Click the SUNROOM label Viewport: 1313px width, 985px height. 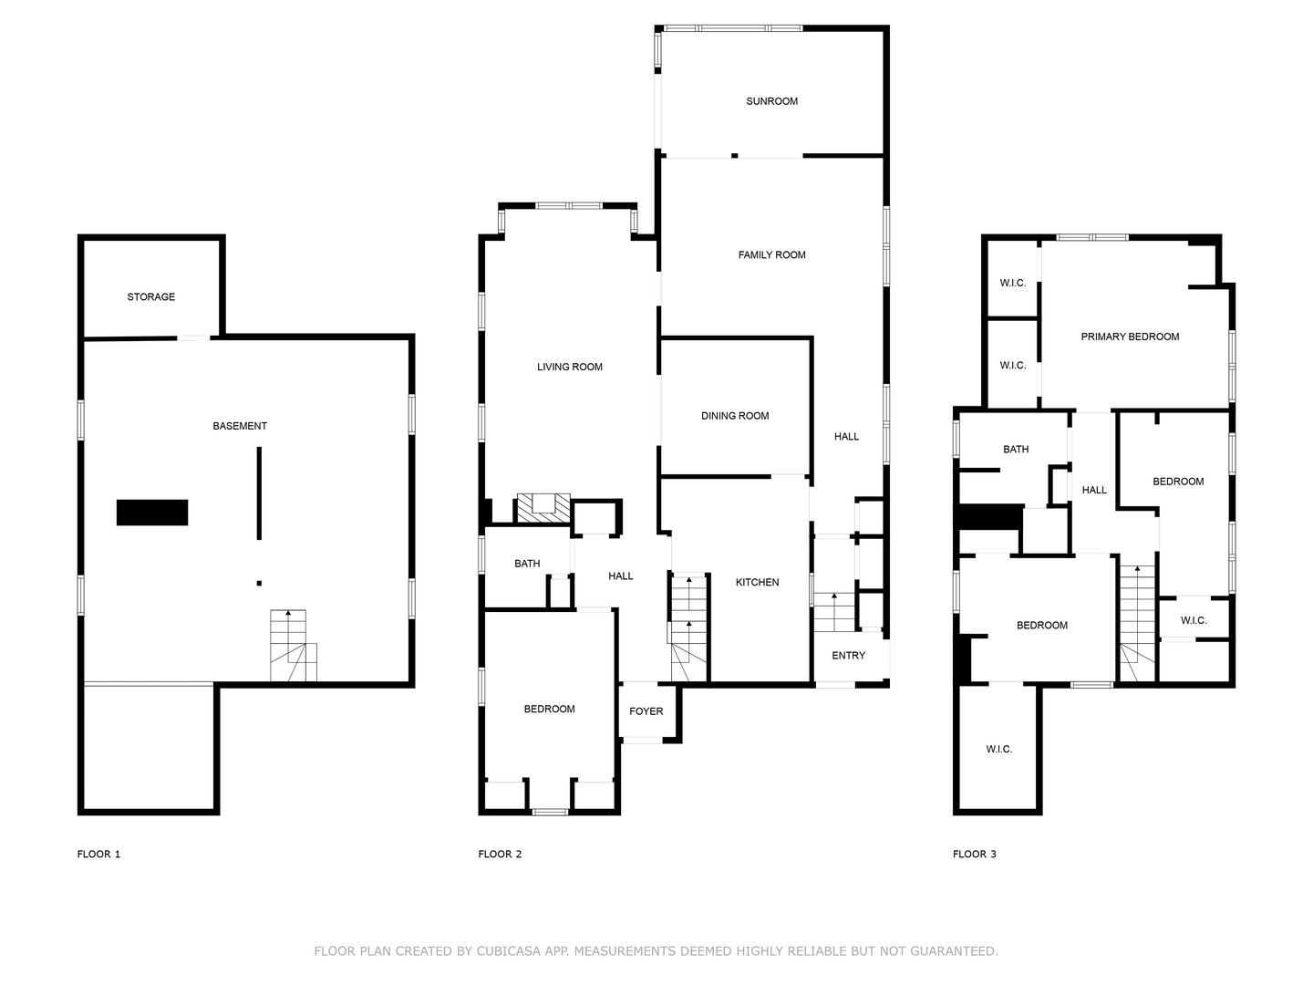(x=771, y=101)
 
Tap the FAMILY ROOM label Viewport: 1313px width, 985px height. (x=771, y=255)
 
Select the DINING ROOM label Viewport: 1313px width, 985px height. (x=735, y=416)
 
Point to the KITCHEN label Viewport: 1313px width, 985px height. (x=758, y=583)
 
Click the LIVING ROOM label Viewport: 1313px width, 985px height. (x=570, y=368)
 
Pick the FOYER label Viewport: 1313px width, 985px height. (x=646, y=711)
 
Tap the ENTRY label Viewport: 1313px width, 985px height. (x=848, y=656)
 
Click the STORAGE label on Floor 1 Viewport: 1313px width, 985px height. (x=150, y=297)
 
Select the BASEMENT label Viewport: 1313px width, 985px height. (x=240, y=427)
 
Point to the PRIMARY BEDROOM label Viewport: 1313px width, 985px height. (x=1130, y=337)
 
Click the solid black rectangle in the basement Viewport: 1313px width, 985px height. (x=152, y=513)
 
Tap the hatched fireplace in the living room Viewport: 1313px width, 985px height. (x=543, y=508)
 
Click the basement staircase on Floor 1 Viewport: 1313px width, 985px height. (x=293, y=646)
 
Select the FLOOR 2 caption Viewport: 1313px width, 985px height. (x=500, y=854)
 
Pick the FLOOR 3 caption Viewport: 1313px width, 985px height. (x=975, y=854)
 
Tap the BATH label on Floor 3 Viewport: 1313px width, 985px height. (x=1016, y=450)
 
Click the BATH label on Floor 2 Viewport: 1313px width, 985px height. (x=527, y=564)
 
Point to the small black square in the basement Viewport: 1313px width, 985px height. (x=259, y=583)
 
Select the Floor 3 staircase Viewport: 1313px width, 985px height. (x=1137, y=623)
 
